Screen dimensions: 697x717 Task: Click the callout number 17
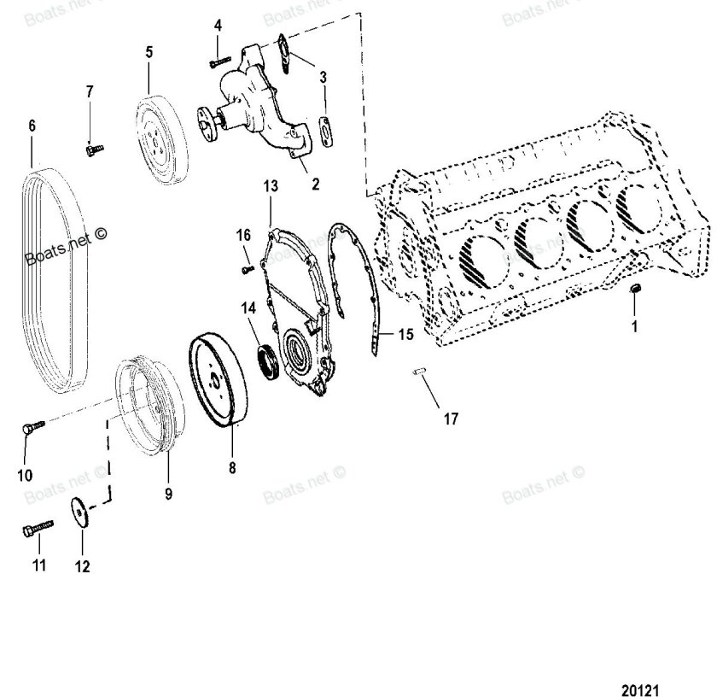[x=450, y=419]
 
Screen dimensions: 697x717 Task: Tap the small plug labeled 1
[x=634, y=292]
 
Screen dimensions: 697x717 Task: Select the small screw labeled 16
[x=245, y=269]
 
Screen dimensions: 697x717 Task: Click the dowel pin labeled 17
[x=419, y=372]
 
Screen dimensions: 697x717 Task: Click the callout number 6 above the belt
[x=32, y=126]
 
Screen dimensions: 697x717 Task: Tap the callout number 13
[x=271, y=185]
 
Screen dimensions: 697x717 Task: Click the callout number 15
[x=405, y=335]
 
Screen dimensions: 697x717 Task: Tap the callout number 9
[x=168, y=494]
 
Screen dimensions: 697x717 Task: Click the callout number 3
[x=323, y=79]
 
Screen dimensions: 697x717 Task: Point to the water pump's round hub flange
[x=207, y=120]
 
